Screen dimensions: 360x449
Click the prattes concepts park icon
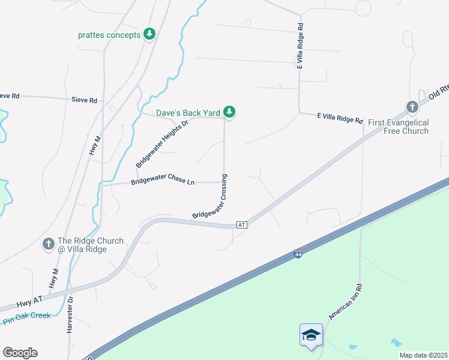click(x=149, y=34)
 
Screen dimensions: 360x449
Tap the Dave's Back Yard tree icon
click(x=229, y=112)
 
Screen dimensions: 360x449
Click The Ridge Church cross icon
click(x=49, y=244)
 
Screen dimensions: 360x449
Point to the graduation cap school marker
click(x=311, y=335)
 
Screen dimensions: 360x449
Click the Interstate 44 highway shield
click(x=298, y=254)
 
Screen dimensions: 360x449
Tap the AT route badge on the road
click(x=242, y=225)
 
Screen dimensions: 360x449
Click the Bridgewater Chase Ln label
click(x=163, y=182)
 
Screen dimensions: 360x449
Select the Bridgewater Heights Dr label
click(x=161, y=143)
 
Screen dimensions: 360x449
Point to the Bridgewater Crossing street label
click(x=211, y=196)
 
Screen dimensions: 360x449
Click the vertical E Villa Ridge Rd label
click(x=301, y=46)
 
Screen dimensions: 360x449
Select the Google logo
click(x=20, y=353)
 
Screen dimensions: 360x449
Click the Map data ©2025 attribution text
click(x=423, y=355)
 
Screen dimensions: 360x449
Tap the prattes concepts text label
click(x=109, y=35)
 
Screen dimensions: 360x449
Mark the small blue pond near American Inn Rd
click(x=396, y=343)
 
